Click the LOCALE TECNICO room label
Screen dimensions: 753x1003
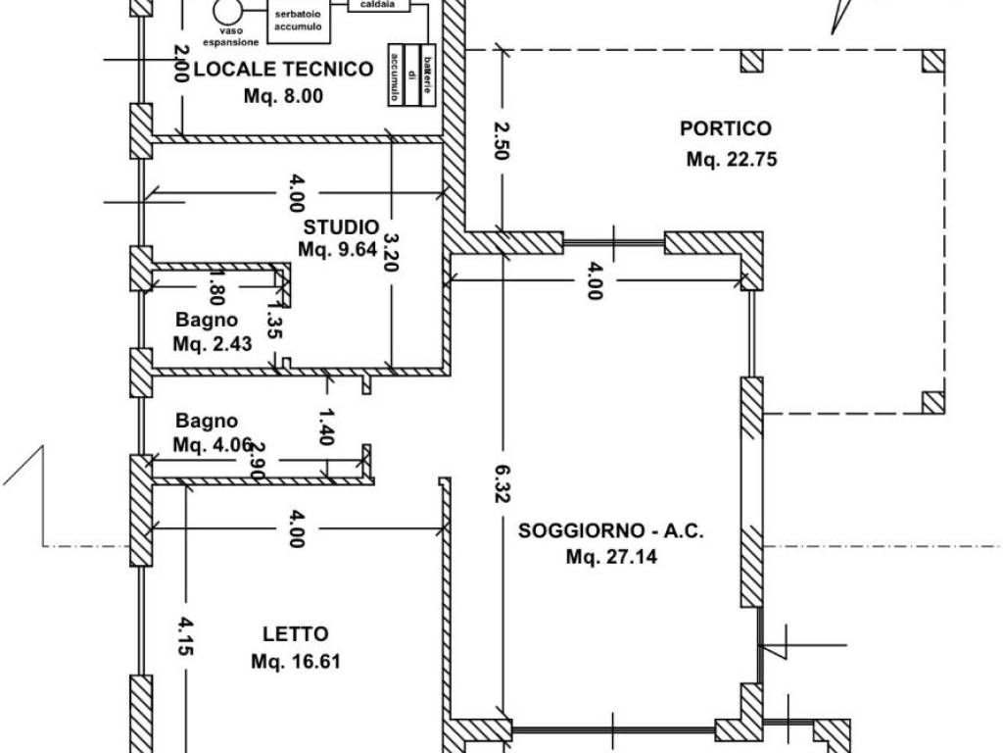[x=283, y=69]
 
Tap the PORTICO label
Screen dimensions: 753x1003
[x=725, y=128]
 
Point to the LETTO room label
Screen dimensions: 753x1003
[x=295, y=634]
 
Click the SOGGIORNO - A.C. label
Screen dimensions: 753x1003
[x=611, y=531]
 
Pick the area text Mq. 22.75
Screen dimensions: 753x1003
[x=732, y=159]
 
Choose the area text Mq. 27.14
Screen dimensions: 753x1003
[x=611, y=558]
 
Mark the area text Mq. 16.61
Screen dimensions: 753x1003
[x=295, y=661]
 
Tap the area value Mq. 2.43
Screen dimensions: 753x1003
[x=206, y=344]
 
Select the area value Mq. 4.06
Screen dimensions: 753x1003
[x=206, y=444]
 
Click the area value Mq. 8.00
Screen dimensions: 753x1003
[x=283, y=96]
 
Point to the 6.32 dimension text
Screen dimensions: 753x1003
[x=501, y=483]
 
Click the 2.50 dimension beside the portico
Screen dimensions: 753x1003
[x=501, y=141]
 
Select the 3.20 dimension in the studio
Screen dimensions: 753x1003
[x=391, y=252]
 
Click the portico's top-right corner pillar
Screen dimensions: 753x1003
[x=932, y=62]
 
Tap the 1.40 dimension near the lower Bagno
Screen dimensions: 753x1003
[x=326, y=427]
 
